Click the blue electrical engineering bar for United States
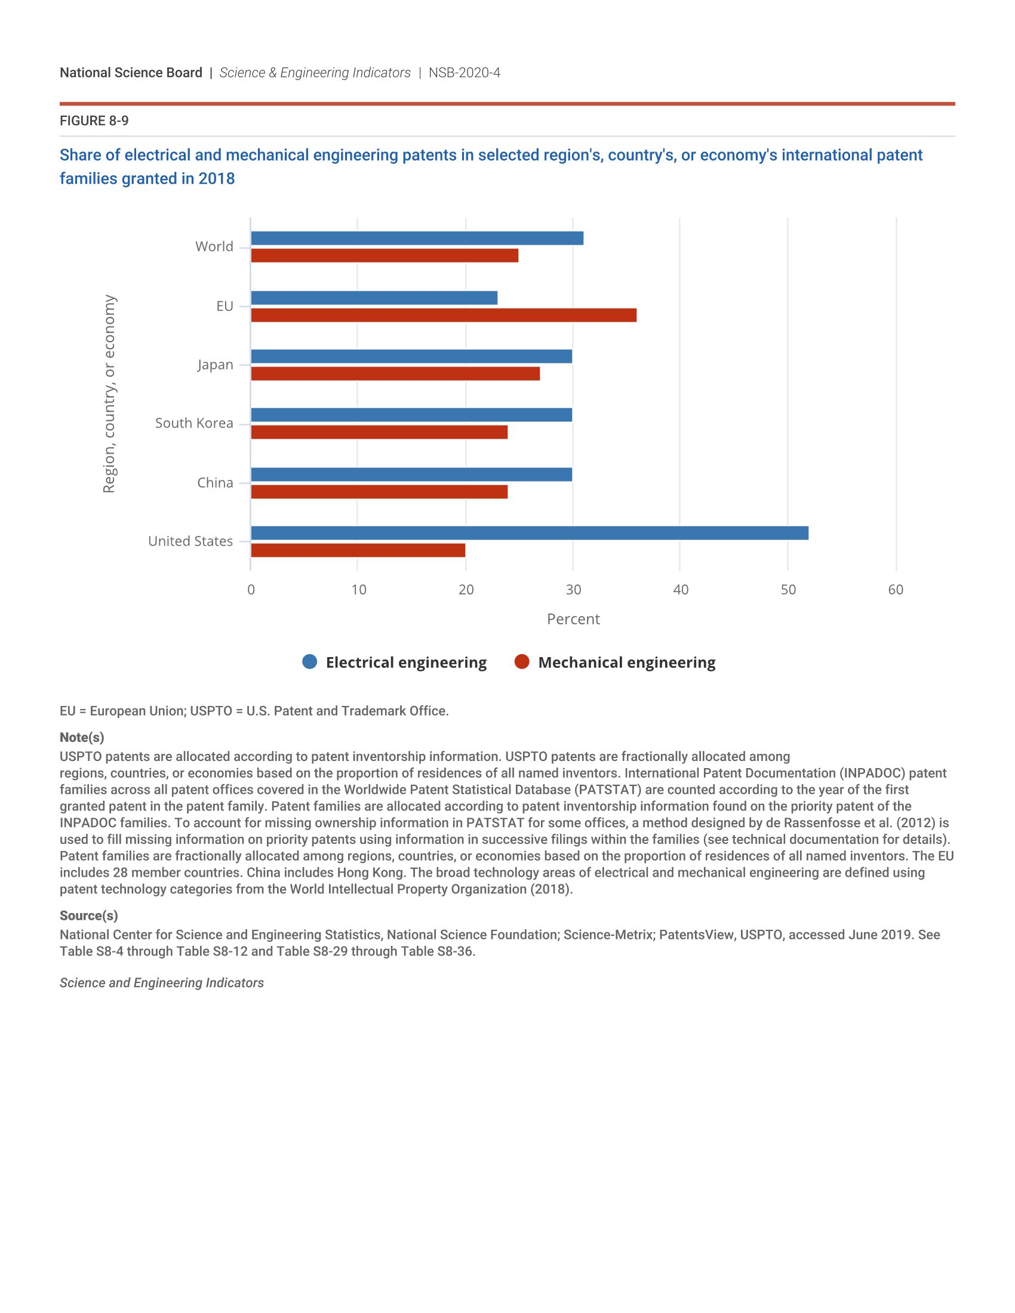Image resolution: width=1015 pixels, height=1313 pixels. [x=529, y=532]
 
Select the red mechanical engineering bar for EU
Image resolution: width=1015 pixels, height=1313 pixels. [x=443, y=315]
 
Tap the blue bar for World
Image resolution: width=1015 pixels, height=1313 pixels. [x=417, y=238]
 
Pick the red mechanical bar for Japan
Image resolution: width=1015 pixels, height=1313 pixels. [x=395, y=374]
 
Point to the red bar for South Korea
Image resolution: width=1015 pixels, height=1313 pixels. [x=379, y=432]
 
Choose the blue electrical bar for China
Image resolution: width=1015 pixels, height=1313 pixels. [x=411, y=474]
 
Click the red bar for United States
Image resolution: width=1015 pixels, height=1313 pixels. [x=358, y=550]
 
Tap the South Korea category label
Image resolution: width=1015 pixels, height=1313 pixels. [x=193, y=423]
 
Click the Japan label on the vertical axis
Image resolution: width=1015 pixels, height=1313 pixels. [x=216, y=365]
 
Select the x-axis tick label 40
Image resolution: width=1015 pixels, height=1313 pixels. [x=681, y=590]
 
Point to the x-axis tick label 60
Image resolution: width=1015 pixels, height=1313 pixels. [x=896, y=590]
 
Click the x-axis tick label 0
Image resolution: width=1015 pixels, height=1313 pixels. [x=251, y=590]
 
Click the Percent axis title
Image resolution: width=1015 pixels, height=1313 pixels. [x=573, y=619]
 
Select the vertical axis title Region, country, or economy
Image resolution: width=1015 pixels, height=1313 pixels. [x=109, y=394]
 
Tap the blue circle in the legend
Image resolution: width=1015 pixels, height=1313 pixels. [x=310, y=662]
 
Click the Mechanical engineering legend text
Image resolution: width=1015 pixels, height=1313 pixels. [x=626, y=662]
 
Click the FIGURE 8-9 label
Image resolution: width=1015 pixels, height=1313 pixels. [x=94, y=121]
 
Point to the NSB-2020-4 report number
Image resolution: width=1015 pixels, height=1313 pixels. [x=464, y=73]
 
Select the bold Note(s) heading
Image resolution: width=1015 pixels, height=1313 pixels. [x=82, y=738]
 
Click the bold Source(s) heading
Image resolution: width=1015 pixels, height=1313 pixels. [x=88, y=916]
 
